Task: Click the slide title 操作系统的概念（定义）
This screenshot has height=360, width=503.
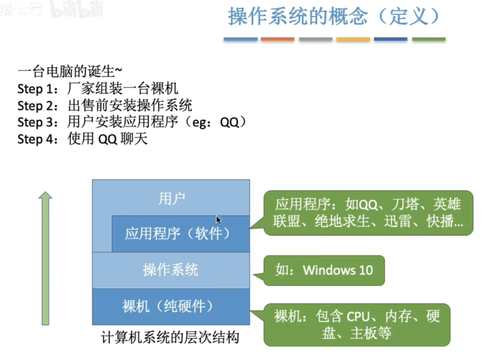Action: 334,16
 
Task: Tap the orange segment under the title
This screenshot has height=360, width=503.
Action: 278,39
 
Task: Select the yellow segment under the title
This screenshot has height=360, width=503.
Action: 353,39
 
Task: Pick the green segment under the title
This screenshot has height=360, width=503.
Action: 429,39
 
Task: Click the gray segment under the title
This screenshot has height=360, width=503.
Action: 315,39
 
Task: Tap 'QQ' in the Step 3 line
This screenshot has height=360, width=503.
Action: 229,122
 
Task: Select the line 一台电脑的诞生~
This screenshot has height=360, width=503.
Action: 70,71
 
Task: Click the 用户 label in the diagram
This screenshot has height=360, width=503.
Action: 171,199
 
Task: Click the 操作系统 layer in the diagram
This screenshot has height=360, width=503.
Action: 171,270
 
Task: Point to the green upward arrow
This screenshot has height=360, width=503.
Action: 45,259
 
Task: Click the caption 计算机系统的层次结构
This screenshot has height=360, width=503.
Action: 170,338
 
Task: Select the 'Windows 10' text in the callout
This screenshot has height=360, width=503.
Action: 338,270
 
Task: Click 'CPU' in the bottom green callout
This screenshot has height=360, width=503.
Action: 358,317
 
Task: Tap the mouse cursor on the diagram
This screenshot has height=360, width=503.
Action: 218,220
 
